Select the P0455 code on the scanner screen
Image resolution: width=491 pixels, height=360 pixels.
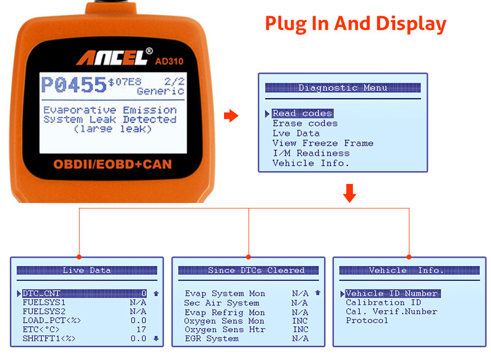pos(73,85)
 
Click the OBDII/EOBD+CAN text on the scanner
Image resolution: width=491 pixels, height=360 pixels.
pos(112,164)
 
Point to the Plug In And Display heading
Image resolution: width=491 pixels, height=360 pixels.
pos(355,23)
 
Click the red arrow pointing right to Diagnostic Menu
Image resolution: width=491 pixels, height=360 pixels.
pos(231,116)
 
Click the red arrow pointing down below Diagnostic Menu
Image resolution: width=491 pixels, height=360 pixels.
pos(349,193)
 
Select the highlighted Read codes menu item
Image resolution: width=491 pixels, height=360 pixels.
pos(302,113)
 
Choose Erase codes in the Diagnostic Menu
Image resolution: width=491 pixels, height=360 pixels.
pos(305,123)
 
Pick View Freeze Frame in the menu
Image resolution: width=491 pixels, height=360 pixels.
pos(323,143)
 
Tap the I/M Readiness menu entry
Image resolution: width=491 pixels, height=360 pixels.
pos(311,153)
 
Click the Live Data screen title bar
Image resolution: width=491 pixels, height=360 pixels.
pos(87,270)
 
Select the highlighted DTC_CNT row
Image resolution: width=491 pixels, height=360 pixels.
pos(84,293)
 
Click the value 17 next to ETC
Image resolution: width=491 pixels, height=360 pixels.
pos(141,329)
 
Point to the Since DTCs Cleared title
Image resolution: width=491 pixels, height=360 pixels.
pos(248,270)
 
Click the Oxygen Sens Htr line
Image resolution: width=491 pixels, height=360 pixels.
pos(225,329)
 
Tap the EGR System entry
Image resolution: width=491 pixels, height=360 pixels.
pos(211,338)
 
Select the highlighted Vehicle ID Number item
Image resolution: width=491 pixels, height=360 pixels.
pos(393,293)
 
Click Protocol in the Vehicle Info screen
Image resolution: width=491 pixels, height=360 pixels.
pos(366,320)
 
